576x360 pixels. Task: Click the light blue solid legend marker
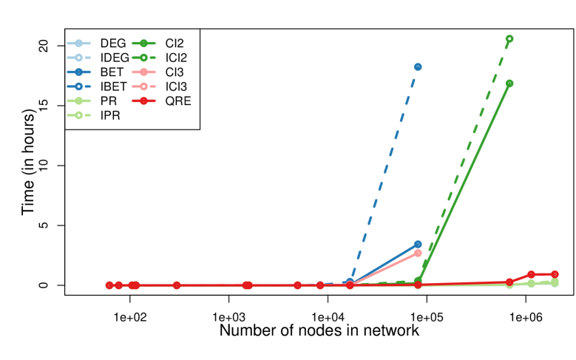click(x=79, y=44)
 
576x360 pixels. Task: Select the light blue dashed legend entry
click(x=79, y=58)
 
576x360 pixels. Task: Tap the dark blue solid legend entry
click(x=79, y=72)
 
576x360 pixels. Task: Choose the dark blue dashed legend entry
click(x=79, y=86)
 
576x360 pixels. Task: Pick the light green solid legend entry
click(x=79, y=101)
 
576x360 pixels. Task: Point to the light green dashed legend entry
click(x=79, y=115)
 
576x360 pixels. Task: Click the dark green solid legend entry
click(x=143, y=44)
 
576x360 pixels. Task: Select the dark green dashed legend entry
click(x=143, y=58)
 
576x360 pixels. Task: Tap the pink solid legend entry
click(x=143, y=72)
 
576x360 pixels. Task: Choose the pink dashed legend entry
click(x=143, y=86)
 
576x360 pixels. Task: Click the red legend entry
click(x=143, y=101)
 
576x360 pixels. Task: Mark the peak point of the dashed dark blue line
click(x=418, y=67)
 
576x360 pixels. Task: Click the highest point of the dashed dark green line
click(x=509, y=39)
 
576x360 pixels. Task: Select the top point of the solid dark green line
click(x=509, y=84)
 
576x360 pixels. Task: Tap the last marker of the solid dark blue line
click(x=418, y=244)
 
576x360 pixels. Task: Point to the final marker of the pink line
click(x=418, y=253)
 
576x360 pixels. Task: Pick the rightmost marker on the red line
click(x=555, y=274)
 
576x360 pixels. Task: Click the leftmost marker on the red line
click(x=109, y=285)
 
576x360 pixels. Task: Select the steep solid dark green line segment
click(x=464, y=182)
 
